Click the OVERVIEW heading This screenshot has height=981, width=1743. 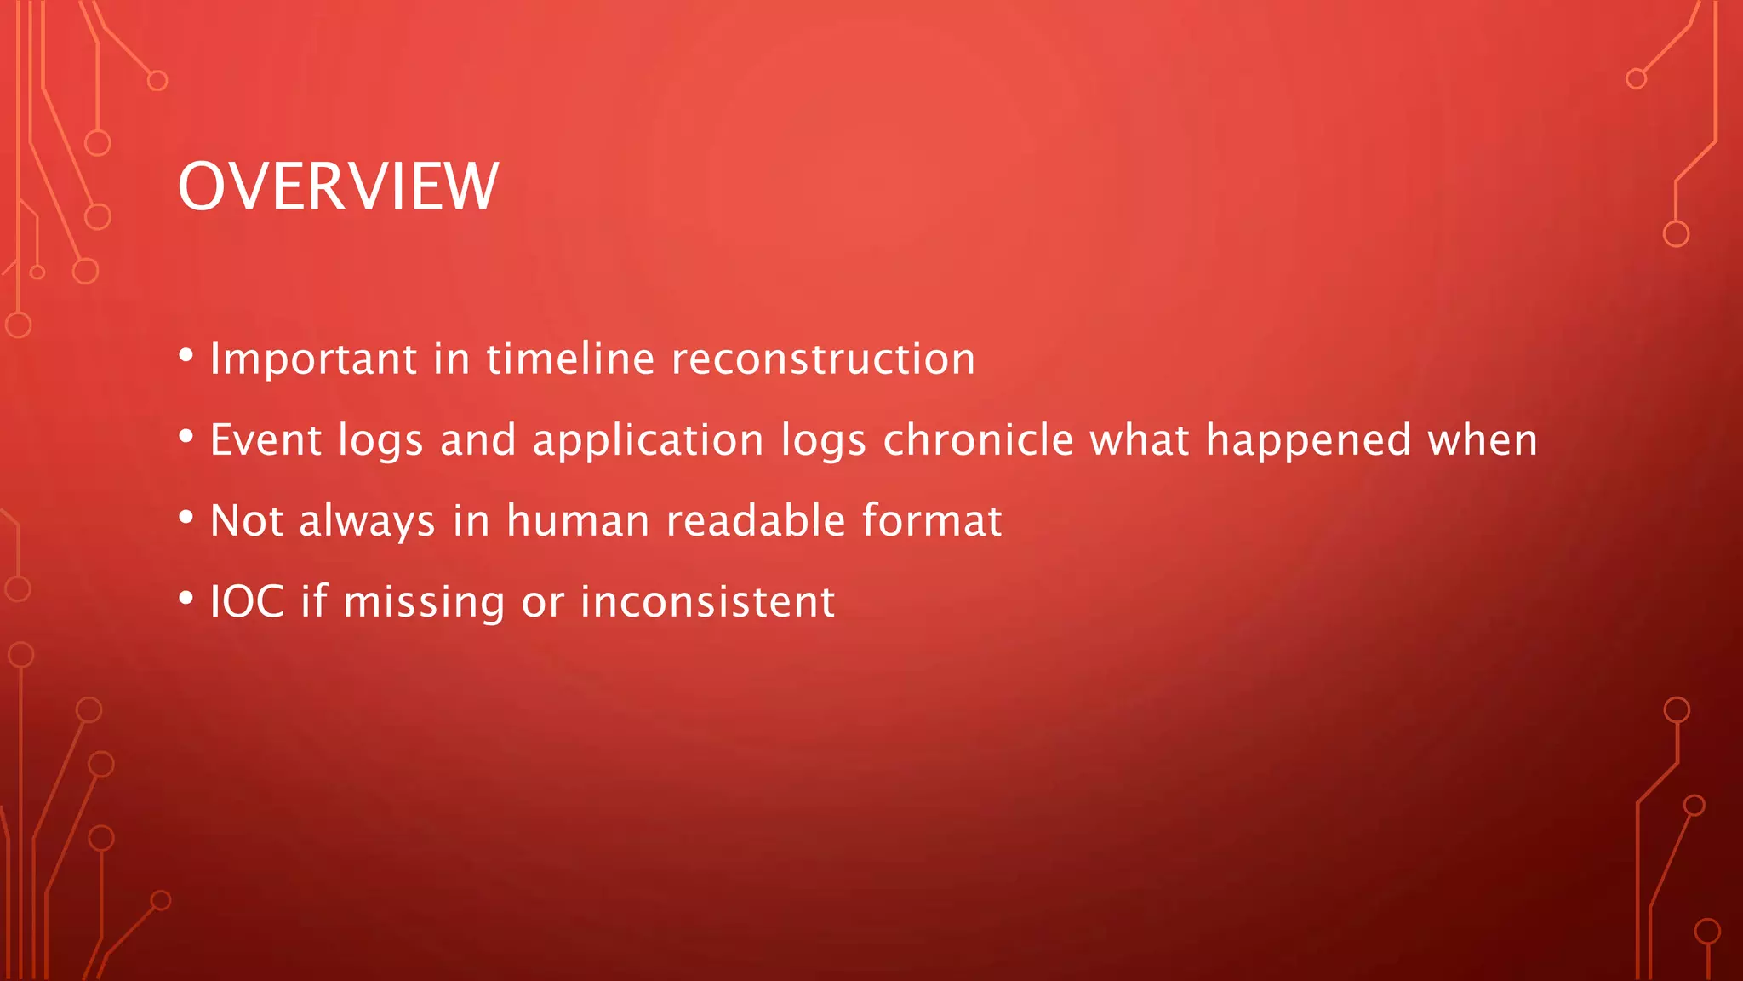click(x=338, y=186)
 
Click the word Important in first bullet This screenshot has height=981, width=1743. click(x=313, y=359)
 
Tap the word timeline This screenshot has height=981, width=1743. click(x=570, y=359)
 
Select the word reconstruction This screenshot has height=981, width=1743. click(x=823, y=359)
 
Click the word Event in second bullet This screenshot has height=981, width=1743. click(x=266, y=440)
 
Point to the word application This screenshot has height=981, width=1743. click(x=648, y=440)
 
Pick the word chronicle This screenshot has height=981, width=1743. click(x=979, y=440)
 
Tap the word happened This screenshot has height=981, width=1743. click(x=1309, y=440)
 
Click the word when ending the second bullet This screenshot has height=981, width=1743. click(x=1483, y=440)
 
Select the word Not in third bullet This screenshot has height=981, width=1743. click(x=246, y=520)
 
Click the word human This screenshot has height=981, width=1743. click(x=578, y=520)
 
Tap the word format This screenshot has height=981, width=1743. click(x=932, y=520)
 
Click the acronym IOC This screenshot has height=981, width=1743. click(x=247, y=601)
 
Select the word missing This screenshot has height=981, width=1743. click(x=424, y=603)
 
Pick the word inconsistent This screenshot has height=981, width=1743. click(x=707, y=601)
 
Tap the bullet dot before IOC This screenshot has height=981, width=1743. click(x=186, y=599)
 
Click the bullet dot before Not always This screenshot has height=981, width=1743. click(x=186, y=518)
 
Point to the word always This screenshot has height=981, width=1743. click(x=367, y=522)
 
